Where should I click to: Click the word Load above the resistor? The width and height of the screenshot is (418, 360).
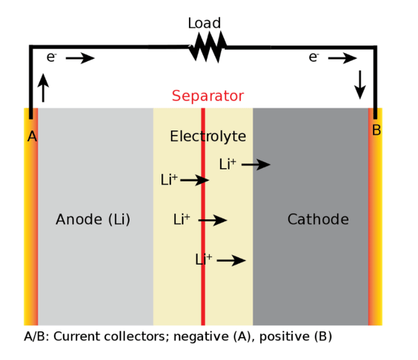click(204, 24)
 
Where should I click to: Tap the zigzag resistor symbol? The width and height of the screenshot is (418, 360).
click(207, 47)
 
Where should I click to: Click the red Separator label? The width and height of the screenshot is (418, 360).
click(208, 96)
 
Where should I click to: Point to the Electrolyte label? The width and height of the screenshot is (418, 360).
click(208, 136)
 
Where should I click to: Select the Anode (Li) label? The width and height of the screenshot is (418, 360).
click(93, 220)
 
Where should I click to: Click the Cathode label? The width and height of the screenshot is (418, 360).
click(318, 220)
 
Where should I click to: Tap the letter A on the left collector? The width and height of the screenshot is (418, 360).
click(32, 136)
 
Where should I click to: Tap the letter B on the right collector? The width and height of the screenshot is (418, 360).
click(376, 130)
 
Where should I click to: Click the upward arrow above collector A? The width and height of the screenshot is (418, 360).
click(43, 88)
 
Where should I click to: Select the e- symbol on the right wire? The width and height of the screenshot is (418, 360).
click(314, 57)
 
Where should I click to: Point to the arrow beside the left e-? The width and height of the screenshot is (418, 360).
click(80, 59)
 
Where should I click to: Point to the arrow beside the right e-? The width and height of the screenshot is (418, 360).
click(342, 59)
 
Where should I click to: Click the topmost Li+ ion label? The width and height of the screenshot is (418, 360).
click(228, 165)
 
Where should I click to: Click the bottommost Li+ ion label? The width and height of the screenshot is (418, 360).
click(204, 260)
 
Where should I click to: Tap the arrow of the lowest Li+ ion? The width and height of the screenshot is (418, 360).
click(231, 260)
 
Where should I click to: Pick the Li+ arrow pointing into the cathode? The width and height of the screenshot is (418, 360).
click(255, 165)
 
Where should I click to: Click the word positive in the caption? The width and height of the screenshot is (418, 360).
click(275, 336)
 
